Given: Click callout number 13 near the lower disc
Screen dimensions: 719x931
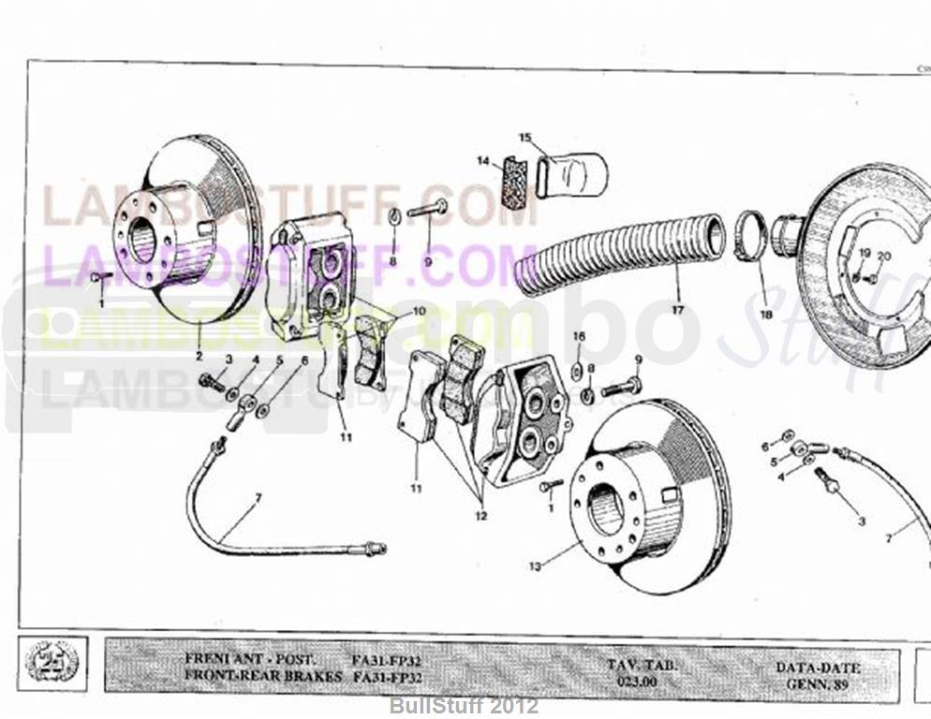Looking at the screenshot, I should pyautogui.click(x=535, y=566).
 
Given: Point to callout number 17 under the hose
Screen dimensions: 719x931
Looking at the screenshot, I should pyautogui.click(x=677, y=311).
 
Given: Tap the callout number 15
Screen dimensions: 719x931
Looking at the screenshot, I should pyautogui.click(x=525, y=139).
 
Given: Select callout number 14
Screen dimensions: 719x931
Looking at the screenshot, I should pyautogui.click(x=483, y=161).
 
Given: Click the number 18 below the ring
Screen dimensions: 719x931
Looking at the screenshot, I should pyautogui.click(x=766, y=315).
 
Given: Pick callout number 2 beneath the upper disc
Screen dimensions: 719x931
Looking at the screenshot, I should pyautogui.click(x=199, y=356).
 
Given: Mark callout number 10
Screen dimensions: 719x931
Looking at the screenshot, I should pyautogui.click(x=418, y=311).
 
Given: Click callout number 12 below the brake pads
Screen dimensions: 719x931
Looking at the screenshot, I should pyautogui.click(x=481, y=515).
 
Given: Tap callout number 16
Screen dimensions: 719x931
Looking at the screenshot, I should pyautogui.click(x=578, y=336).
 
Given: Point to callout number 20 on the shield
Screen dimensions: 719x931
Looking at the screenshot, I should pyautogui.click(x=883, y=256).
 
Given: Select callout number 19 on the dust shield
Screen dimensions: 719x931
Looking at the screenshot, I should pyautogui.click(x=864, y=256).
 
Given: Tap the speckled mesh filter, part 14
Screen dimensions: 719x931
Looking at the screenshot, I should pyautogui.click(x=511, y=183).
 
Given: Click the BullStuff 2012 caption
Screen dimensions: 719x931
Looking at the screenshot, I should pyautogui.click(x=464, y=704).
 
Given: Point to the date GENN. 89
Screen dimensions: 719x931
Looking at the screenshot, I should pyautogui.click(x=818, y=684).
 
